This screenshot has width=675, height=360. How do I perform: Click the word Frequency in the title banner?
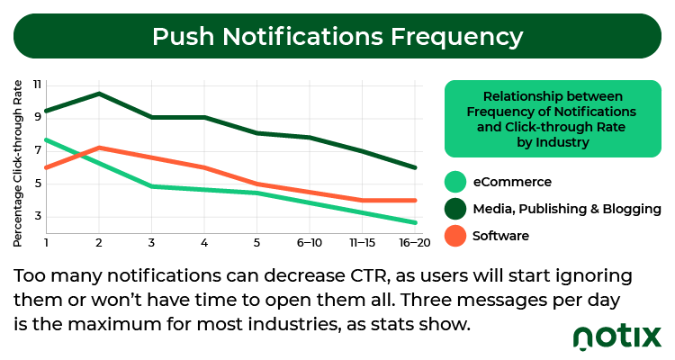pos(456,38)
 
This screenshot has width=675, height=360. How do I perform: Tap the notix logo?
pos(617,337)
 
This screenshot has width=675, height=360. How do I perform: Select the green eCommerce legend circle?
pos(455,182)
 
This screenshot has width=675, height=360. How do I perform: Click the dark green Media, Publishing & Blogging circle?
pos(455,209)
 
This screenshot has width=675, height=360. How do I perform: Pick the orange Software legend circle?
pos(455,236)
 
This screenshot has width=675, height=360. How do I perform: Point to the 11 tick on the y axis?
pos(37,85)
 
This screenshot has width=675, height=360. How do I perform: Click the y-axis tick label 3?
pos(38,216)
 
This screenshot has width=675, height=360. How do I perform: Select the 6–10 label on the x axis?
pos(309,243)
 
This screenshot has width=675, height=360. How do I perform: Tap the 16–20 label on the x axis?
pos(415,243)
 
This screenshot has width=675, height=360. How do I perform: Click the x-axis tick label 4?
pos(204,243)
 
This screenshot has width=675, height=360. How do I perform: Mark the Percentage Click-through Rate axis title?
pos(17,163)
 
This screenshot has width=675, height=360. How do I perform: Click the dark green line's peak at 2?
pos(99,93)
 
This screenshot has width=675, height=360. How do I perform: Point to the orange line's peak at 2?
pos(99,148)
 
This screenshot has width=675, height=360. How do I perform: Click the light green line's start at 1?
pos(47,140)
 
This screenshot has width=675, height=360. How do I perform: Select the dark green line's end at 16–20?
pos(415,167)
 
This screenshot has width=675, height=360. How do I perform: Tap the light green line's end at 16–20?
pos(415,222)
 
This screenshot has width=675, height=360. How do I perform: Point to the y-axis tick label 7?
pos(38,150)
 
